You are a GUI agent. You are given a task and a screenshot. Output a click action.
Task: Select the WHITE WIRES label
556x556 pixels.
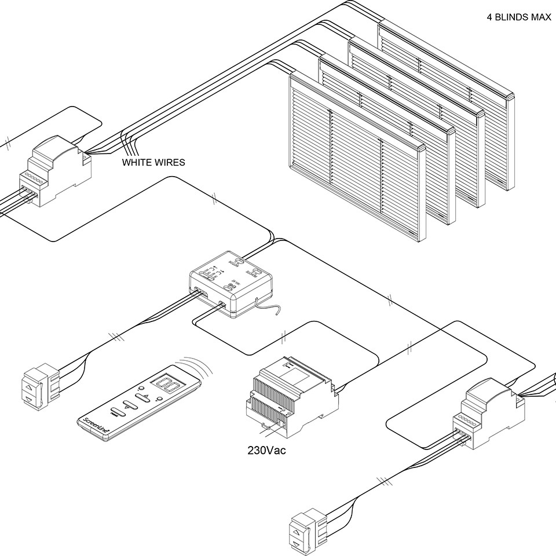153,163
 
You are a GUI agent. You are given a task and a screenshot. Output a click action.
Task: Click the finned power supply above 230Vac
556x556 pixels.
292,394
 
